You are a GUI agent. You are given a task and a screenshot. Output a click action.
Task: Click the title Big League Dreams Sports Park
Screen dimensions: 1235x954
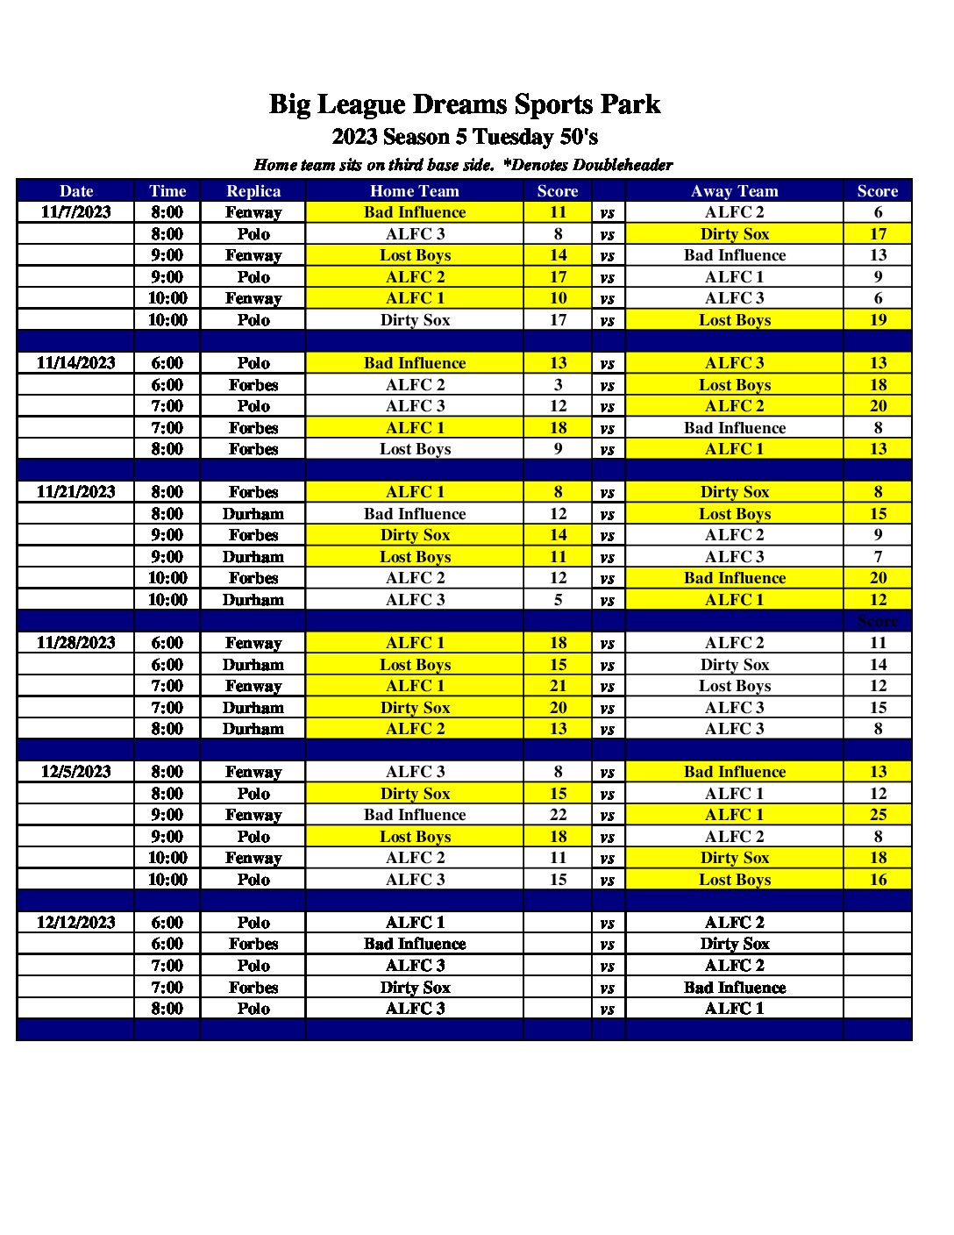click(464, 104)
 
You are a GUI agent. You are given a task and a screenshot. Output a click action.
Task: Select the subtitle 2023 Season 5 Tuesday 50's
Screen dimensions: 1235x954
click(465, 137)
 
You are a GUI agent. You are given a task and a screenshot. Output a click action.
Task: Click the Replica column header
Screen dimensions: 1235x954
click(253, 191)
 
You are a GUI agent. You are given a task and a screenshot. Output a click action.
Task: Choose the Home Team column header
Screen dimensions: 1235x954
click(415, 191)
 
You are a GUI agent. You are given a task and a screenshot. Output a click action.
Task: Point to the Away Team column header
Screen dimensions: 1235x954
click(734, 191)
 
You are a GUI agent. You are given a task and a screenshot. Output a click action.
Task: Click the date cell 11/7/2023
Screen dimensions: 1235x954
click(76, 212)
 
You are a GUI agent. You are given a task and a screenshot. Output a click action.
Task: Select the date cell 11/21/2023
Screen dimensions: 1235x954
click(76, 492)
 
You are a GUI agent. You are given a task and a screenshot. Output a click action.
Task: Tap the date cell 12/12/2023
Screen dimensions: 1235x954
click(76, 923)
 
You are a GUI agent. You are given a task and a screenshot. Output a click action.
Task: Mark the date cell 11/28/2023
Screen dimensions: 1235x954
click(76, 643)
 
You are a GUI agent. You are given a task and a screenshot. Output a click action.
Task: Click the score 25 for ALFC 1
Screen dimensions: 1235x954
click(878, 815)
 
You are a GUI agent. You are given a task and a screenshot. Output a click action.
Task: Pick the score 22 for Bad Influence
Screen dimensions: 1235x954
click(558, 815)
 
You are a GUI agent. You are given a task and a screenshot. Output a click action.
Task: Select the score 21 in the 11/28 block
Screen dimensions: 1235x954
click(558, 686)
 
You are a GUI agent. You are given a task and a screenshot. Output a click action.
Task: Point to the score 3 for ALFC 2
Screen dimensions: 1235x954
click(558, 385)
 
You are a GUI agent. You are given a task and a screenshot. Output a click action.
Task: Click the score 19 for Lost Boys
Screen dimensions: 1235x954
click(878, 320)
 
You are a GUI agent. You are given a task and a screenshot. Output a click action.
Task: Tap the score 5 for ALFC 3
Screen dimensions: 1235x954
click(558, 600)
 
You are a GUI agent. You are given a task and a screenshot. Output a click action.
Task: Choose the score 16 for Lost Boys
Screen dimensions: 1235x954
click(878, 880)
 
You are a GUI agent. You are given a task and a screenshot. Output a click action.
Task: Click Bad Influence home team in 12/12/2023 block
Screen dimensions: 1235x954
click(415, 945)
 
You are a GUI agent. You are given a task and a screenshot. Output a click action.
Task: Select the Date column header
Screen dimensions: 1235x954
click(76, 191)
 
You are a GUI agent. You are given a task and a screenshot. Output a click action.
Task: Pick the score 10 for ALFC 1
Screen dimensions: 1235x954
click(558, 298)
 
